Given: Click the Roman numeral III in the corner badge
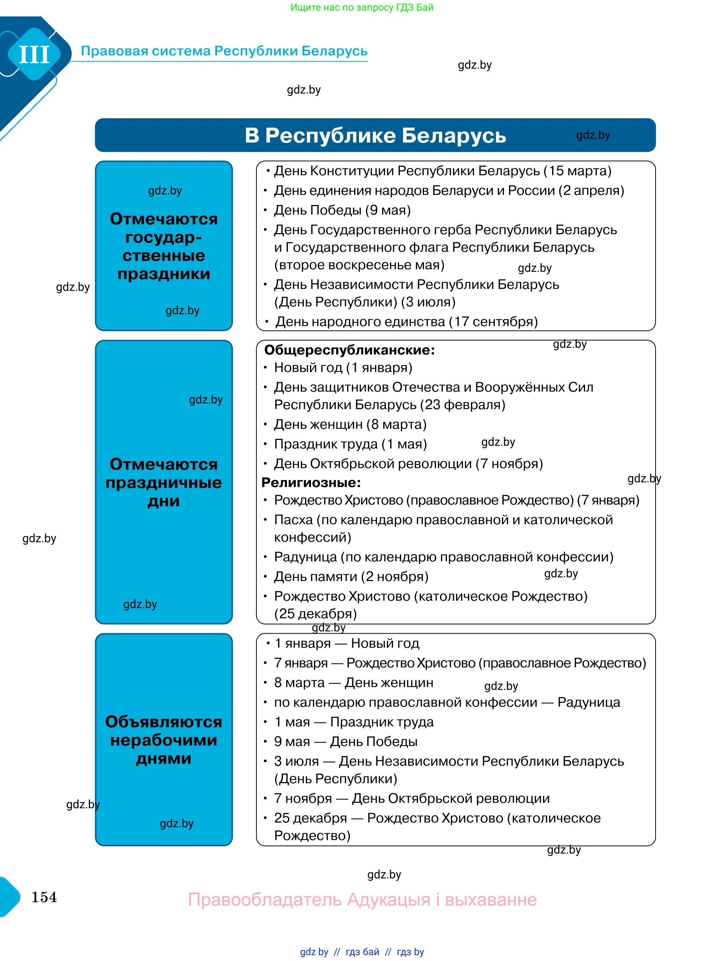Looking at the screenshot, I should click(34, 55).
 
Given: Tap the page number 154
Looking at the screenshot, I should click(44, 897).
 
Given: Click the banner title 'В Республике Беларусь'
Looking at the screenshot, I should click(375, 136).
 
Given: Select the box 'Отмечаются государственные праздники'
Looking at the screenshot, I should click(164, 246).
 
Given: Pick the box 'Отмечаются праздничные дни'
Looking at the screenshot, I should click(164, 482).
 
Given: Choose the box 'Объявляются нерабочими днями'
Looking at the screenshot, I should click(164, 740).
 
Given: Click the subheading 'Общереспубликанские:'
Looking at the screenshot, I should click(350, 350).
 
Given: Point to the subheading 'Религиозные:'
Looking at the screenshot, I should click(311, 483).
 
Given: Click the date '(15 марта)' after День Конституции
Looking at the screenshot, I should click(578, 171).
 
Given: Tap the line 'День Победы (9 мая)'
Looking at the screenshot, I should click(342, 210).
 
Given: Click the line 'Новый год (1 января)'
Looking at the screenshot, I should click(343, 368).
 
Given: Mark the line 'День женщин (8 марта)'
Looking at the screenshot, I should click(350, 425).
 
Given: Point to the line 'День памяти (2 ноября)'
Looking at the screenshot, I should click(351, 577).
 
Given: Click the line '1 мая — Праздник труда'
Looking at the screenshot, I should click(354, 722).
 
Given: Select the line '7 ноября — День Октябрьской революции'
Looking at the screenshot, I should click(412, 798).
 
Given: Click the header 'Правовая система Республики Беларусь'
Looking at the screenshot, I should click(224, 51).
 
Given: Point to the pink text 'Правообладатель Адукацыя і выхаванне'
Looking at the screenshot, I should click(362, 900).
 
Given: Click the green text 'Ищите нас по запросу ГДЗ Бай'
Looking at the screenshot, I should click(362, 7).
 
